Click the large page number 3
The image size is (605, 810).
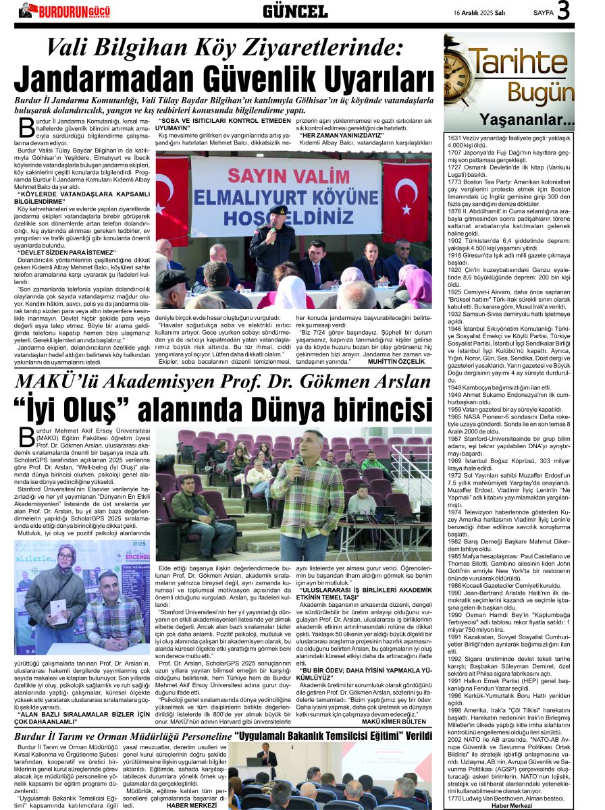[583, 10]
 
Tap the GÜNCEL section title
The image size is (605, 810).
[295, 11]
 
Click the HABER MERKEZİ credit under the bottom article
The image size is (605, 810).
[193, 805]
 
